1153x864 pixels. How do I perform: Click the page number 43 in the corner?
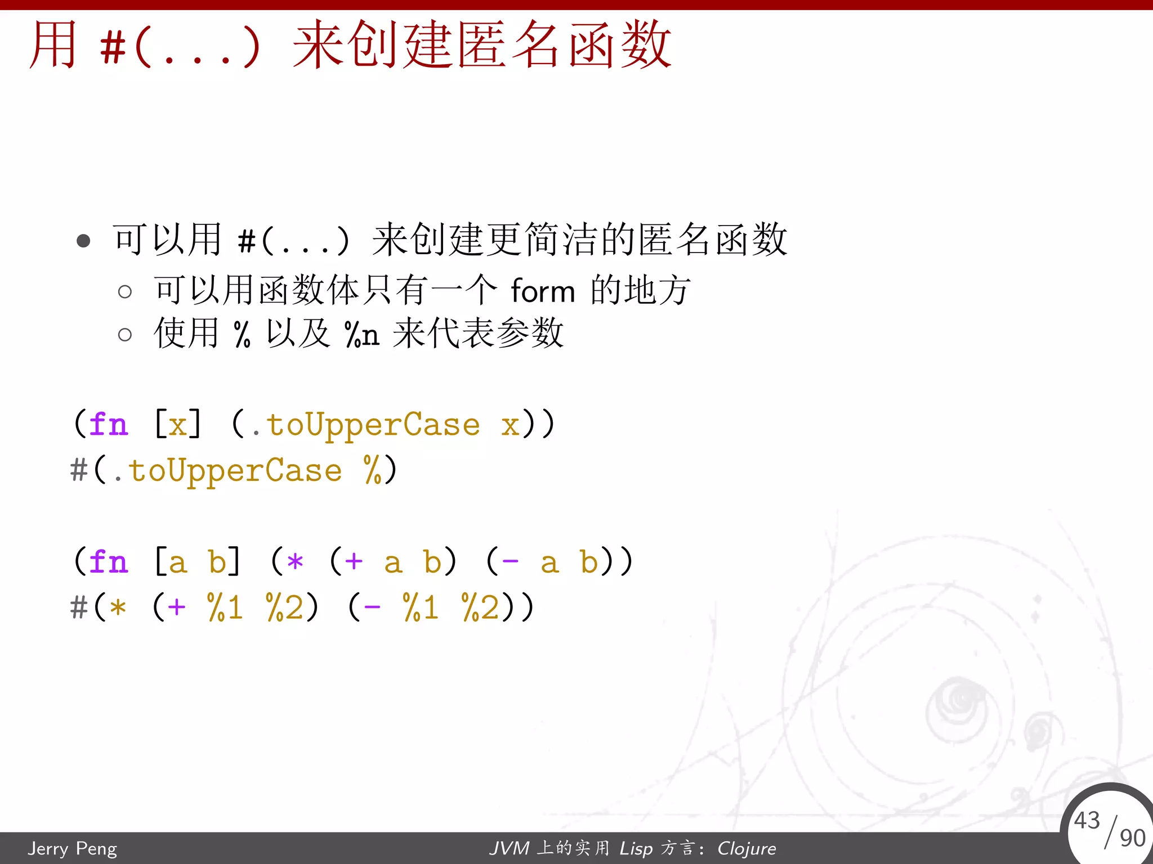(1087, 820)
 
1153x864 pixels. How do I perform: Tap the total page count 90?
(1132, 838)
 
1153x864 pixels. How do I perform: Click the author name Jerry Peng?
(72, 848)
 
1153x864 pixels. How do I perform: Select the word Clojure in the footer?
(747, 848)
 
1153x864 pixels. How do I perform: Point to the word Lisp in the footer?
(636, 848)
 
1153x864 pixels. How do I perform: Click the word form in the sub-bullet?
(543, 291)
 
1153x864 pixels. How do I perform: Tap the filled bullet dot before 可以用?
(83, 241)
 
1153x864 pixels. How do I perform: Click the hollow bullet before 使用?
(125, 335)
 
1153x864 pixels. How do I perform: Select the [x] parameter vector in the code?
(177, 424)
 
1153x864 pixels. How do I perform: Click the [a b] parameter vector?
(197, 561)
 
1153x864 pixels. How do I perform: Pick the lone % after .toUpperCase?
(373, 470)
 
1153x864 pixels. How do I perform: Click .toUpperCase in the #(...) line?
(228, 471)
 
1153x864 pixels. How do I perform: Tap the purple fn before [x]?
(108, 424)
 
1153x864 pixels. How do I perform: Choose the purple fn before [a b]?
(108, 561)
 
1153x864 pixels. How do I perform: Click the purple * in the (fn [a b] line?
(295, 562)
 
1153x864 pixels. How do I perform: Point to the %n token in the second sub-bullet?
(361, 335)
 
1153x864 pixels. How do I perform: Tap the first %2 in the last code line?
(285, 608)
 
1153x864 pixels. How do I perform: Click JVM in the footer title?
(509, 848)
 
